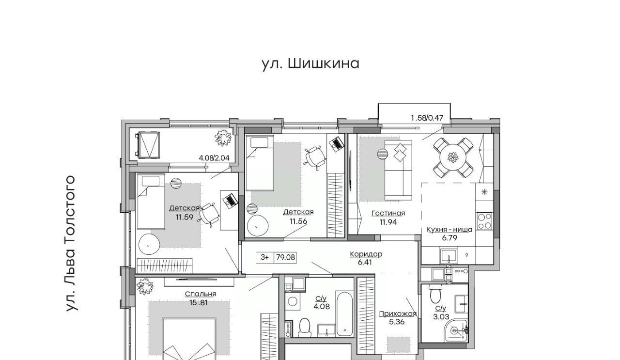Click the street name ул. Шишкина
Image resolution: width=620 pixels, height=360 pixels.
310,64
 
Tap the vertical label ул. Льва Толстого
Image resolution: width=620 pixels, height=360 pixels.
70,243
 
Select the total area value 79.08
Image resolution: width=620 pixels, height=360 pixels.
286,258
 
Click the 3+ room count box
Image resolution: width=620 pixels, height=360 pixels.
264,258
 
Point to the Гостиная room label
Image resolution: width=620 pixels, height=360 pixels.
388,213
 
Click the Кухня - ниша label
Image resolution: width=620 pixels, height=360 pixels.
449,230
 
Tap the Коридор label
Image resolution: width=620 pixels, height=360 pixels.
366,254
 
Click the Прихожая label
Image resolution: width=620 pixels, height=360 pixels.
398,314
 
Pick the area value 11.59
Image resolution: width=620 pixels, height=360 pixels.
185,217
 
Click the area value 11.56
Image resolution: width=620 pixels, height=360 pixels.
298,221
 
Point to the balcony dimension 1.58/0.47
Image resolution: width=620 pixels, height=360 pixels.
427,118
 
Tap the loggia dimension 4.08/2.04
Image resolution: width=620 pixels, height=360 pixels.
214,158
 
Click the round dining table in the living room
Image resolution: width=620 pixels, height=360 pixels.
453,157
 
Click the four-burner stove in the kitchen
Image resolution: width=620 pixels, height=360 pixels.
484,221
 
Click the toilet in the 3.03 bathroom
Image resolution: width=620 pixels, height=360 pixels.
435,294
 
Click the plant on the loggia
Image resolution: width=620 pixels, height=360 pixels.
223,138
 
